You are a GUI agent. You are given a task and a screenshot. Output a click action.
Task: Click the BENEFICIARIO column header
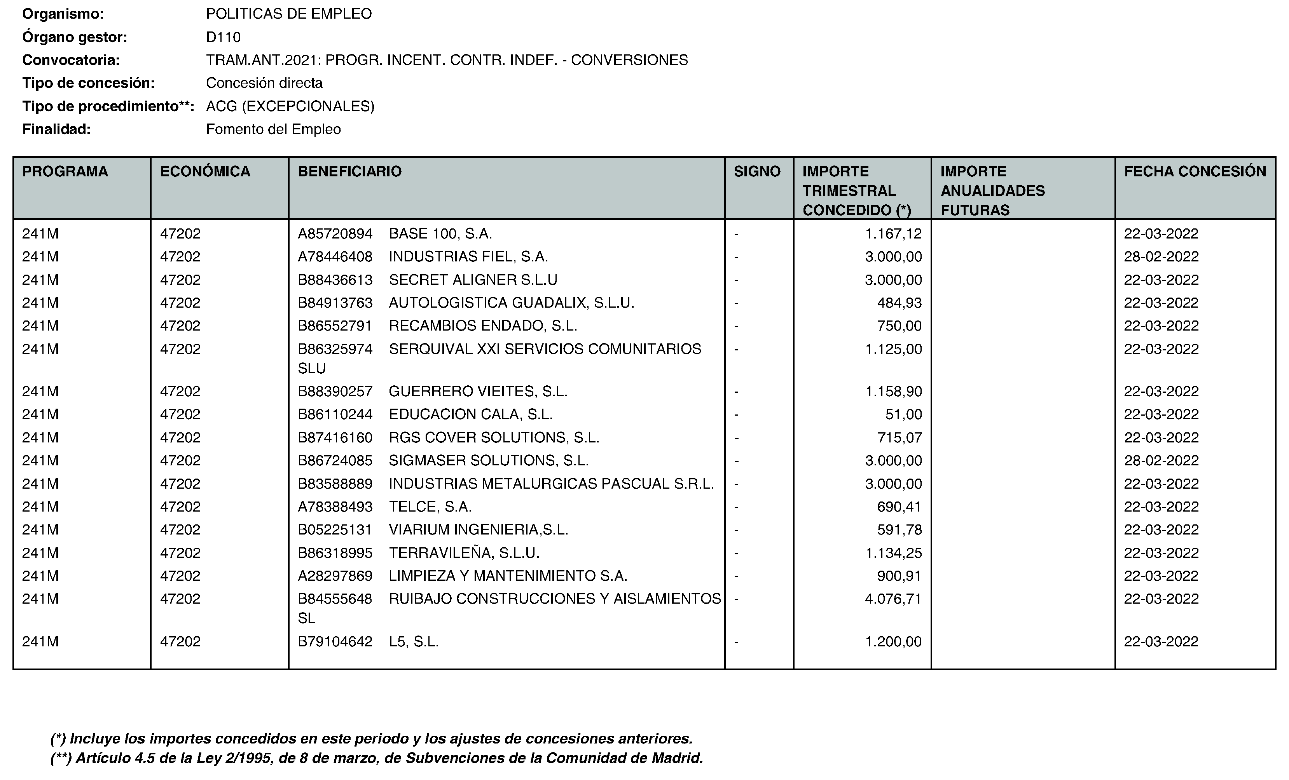[349, 171]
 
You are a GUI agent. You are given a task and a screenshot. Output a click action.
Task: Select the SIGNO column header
[756, 171]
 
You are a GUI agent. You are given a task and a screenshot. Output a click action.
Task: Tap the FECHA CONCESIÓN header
[1195, 171]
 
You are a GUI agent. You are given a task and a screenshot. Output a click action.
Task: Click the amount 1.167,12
[893, 234]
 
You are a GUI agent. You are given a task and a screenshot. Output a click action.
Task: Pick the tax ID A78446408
[335, 257]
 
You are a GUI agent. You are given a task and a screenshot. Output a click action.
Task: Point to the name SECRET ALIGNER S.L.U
[473, 280]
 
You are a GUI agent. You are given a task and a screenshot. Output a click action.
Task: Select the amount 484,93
[899, 303]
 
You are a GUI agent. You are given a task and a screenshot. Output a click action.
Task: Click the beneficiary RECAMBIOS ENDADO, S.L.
[482, 326]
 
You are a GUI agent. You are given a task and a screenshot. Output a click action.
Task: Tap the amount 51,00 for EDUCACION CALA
[903, 414]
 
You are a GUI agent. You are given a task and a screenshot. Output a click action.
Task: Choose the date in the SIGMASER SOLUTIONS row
[1161, 461]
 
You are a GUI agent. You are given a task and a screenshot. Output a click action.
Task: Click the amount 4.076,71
[893, 599]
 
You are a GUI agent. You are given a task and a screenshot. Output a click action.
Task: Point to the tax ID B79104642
[335, 641]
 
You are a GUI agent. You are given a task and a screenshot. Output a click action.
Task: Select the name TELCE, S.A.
[430, 507]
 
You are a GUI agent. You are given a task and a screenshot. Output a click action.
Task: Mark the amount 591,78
[899, 529]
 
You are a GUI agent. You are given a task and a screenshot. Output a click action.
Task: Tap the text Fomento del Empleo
[273, 129]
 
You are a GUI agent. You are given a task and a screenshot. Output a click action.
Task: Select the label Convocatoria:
[71, 60]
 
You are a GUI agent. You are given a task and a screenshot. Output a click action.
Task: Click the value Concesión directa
[264, 83]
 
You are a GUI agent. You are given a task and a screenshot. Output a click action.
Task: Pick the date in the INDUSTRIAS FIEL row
[1161, 257]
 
